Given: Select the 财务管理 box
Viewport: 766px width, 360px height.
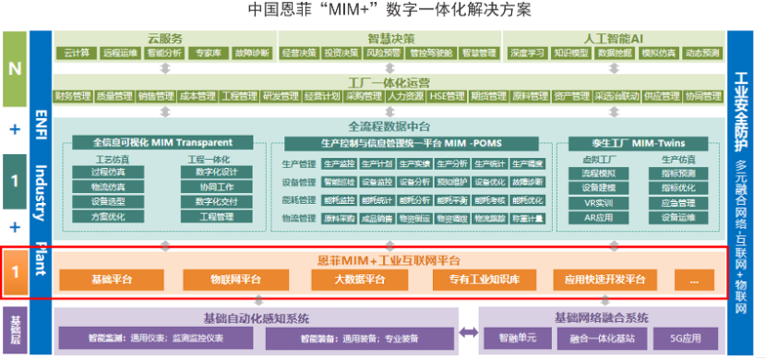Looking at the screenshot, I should click(73, 96).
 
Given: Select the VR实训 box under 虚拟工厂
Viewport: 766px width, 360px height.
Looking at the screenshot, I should click(598, 202).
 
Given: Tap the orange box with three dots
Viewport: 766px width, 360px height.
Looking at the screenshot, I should click(694, 279).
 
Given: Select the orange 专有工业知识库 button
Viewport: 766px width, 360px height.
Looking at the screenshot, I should click(478, 279).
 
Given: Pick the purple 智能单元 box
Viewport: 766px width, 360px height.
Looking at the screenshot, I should click(513, 339).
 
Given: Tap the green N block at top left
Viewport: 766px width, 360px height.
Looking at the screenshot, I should click(14, 68).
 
